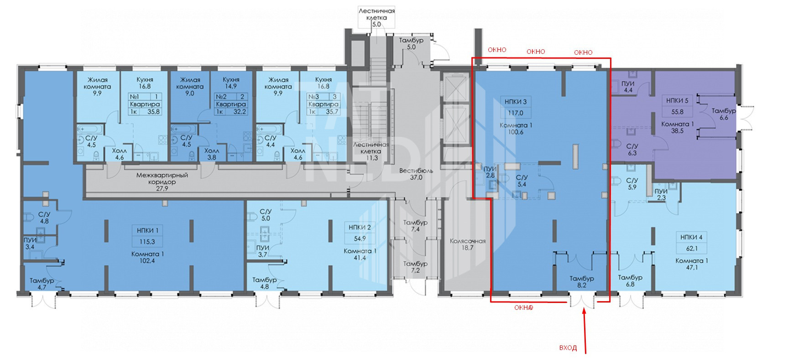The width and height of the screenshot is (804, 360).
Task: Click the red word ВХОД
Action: coord(568,348)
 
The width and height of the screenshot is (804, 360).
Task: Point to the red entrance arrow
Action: coord(585,331)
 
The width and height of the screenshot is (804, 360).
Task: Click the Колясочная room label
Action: coord(467,245)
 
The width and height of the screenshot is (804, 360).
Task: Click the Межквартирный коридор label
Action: coord(162,178)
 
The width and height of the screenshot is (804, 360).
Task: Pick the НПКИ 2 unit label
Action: coord(360,227)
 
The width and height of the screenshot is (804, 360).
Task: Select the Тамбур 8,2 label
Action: coord(582,282)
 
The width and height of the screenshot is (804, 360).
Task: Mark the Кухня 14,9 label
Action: coord(231,83)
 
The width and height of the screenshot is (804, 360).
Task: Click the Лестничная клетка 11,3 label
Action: coord(371,151)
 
